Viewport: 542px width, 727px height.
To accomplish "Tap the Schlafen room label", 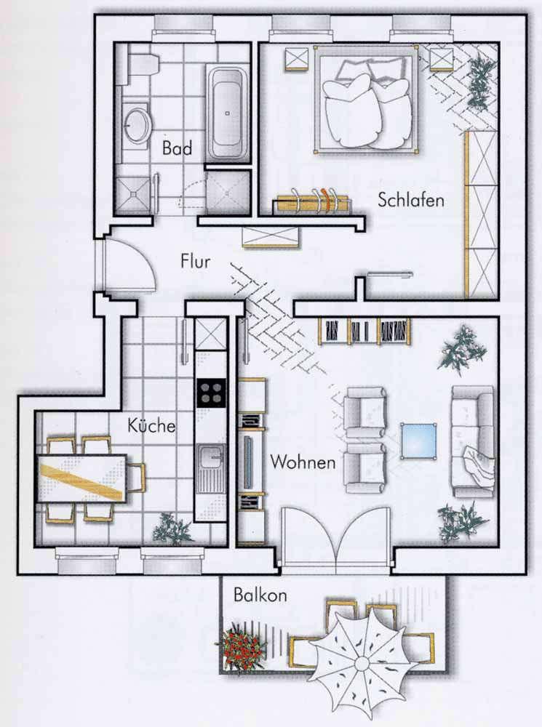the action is [x=410, y=199].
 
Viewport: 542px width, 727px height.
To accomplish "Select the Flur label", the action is [x=196, y=261].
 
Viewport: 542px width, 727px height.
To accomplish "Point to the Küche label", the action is [x=152, y=425].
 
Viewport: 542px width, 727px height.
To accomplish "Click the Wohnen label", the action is [x=303, y=462].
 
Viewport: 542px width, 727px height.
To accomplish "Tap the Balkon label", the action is [x=260, y=595].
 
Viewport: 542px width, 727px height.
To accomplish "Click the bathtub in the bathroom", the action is [x=227, y=115].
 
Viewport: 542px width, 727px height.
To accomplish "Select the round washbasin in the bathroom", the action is [x=137, y=125].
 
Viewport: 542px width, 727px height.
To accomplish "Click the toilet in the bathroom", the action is [x=143, y=65].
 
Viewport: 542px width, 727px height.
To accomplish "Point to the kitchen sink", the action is [x=211, y=468].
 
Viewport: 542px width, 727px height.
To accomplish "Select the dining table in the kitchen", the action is [x=82, y=478].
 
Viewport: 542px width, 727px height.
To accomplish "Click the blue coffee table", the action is [x=418, y=441].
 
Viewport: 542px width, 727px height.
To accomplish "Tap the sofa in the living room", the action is [x=473, y=441].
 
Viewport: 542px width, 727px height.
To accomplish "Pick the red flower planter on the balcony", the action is [x=240, y=648].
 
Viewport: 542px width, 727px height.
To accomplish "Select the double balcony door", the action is [x=336, y=537].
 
